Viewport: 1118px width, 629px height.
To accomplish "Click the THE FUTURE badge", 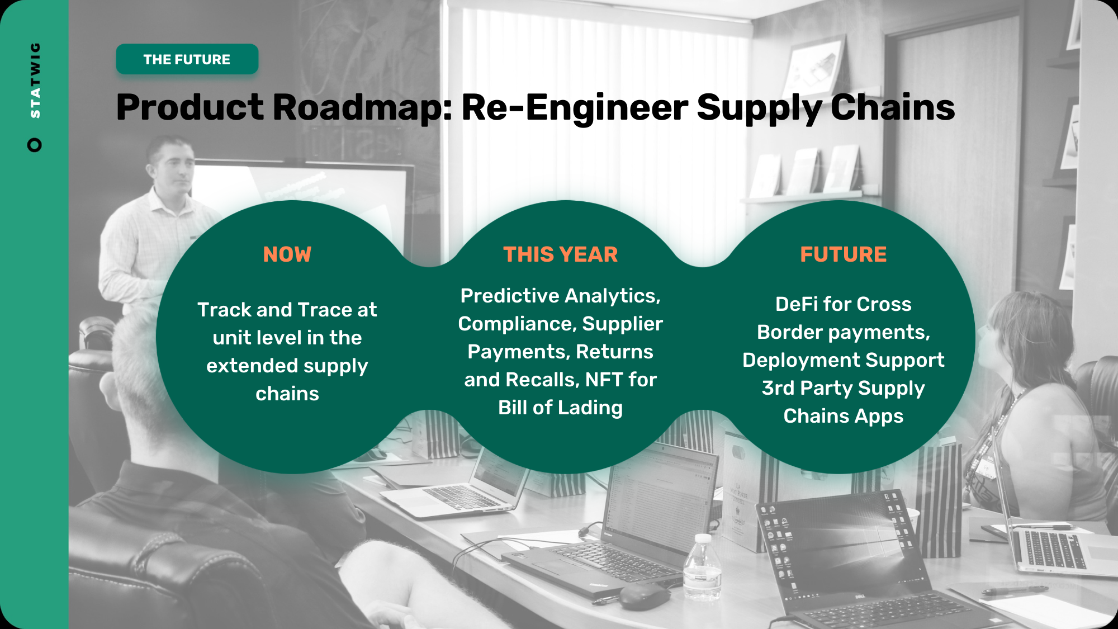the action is pos(187,59).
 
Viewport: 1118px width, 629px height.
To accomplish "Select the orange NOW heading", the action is pos(287,254).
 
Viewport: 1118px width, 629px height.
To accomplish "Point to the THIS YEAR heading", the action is pos(561,254).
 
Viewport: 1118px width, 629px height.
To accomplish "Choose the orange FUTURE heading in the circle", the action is pos(844,254).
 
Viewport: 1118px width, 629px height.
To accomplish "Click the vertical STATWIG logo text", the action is pos(35,80).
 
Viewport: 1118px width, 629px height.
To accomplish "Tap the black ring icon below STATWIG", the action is pos(35,145).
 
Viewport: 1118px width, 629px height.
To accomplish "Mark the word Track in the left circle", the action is pos(224,310).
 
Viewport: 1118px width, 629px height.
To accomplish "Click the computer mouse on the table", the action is pos(644,596).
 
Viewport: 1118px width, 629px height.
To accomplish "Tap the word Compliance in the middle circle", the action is pos(517,324).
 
